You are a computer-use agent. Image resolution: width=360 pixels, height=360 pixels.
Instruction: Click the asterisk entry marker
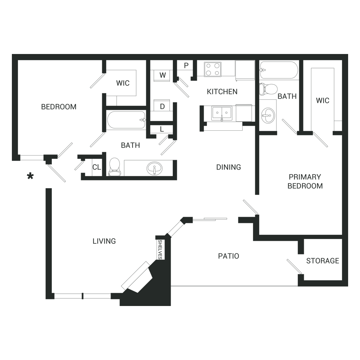coord(30,176)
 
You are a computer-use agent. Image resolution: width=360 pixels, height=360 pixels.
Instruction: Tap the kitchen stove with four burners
coord(213,69)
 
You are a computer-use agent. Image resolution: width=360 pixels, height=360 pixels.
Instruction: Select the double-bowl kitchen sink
coord(222,113)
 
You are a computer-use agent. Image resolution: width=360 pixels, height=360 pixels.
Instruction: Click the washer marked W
coord(163,75)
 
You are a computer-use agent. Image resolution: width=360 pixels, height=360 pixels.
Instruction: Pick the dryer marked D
coord(162,106)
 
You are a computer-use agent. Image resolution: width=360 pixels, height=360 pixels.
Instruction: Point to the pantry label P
coord(186,66)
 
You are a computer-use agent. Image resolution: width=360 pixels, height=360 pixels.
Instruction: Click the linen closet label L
coord(162,129)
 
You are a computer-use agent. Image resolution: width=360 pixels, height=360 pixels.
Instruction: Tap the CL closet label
coord(96,167)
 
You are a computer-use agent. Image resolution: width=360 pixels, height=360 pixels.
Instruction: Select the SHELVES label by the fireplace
coord(160,249)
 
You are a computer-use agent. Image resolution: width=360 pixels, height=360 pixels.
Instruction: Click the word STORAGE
coord(323,261)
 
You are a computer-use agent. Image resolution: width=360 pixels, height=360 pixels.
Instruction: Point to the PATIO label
coord(229,256)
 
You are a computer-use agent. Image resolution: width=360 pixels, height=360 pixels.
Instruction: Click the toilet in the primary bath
coord(268,89)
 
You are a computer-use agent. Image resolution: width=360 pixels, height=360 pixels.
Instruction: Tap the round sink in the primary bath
coord(268,115)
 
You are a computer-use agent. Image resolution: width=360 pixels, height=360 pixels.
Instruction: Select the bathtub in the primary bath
coord(279,70)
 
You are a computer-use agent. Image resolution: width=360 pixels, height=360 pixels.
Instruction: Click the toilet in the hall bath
coord(114,167)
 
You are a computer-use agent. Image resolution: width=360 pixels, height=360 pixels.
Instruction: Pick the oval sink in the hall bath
coord(154,168)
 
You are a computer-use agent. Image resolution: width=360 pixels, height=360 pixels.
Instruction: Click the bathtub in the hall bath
coord(126,120)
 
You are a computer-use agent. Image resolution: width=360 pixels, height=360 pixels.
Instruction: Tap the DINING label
coord(229,167)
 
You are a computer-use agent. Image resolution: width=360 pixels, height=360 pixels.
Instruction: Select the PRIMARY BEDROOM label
coord(305,181)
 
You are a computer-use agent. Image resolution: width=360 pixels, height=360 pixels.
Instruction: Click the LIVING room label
coord(104,241)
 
